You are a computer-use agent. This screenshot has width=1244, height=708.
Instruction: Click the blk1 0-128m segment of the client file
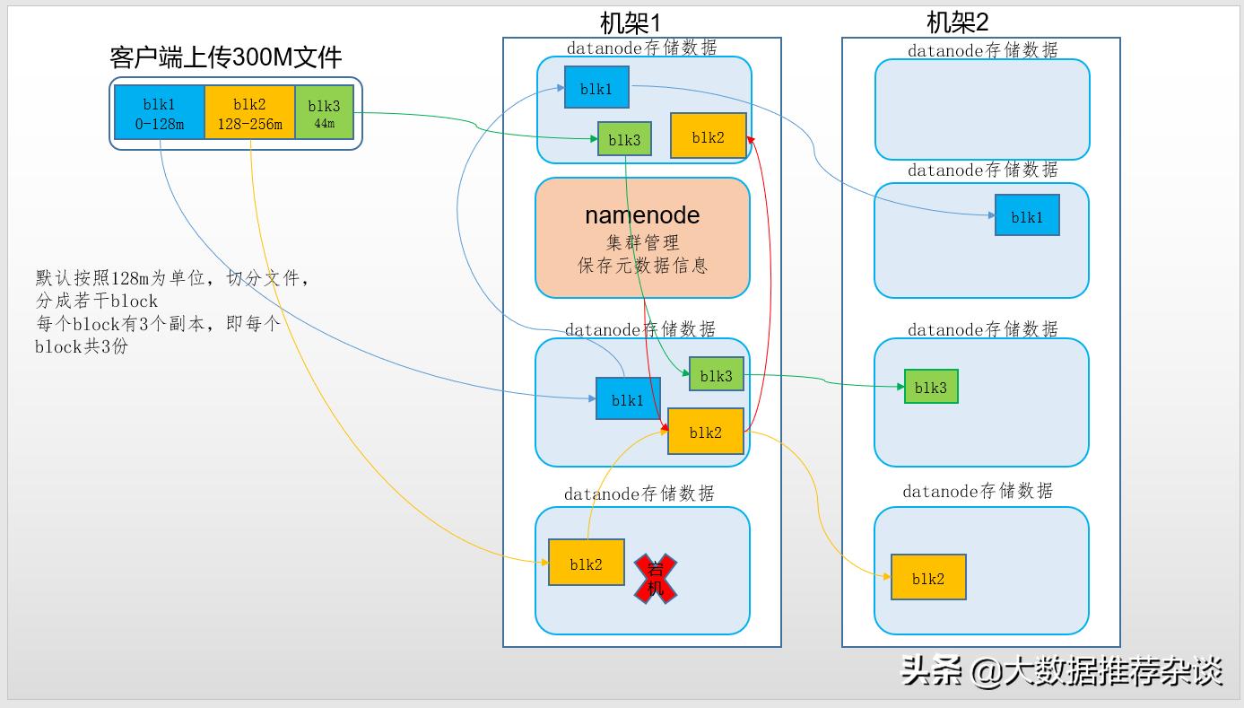(160, 113)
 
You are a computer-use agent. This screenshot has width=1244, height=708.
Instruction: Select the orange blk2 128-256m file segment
(249, 113)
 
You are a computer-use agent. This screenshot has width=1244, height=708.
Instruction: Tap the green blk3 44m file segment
(324, 113)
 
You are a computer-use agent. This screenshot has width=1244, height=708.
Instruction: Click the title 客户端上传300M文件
(226, 58)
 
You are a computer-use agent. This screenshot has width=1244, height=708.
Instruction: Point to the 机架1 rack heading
(630, 22)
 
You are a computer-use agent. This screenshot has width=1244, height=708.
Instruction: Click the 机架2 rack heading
(957, 22)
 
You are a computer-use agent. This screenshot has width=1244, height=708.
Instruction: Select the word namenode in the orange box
(641, 215)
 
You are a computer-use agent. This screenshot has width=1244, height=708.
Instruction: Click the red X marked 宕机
(656, 578)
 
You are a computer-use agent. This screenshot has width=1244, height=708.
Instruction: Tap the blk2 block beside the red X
(586, 564)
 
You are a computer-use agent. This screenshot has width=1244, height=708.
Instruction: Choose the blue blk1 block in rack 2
(1026, 216)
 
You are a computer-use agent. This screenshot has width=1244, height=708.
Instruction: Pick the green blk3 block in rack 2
(931, 387)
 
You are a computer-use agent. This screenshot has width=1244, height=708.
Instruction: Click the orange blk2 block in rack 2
(928, 578)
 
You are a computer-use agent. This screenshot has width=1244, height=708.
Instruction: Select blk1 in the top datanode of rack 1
(596, 88)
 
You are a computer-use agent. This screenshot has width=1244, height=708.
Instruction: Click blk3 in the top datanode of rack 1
(624, 139)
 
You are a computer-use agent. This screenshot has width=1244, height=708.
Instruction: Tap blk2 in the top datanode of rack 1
(708, 136)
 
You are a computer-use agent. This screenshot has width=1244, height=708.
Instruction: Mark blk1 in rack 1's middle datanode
(628, 399)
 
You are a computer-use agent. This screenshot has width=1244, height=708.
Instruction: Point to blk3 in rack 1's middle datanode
(717, 374)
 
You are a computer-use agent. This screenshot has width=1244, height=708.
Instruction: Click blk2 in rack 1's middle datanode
(706, 432)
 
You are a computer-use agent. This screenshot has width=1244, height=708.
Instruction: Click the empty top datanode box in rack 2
(982, 109)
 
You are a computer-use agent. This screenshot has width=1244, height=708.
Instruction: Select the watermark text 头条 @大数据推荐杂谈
(1062, 670)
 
